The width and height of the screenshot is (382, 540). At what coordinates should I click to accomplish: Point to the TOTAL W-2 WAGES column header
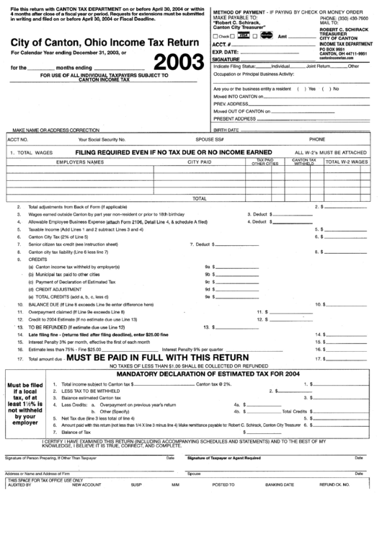point(347,163)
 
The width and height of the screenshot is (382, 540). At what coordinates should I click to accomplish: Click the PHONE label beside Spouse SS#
point(317,138)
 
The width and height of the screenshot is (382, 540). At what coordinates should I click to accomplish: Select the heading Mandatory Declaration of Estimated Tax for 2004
point(197,374)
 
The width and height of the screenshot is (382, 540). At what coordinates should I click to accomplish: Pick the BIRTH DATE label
point(225,130)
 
